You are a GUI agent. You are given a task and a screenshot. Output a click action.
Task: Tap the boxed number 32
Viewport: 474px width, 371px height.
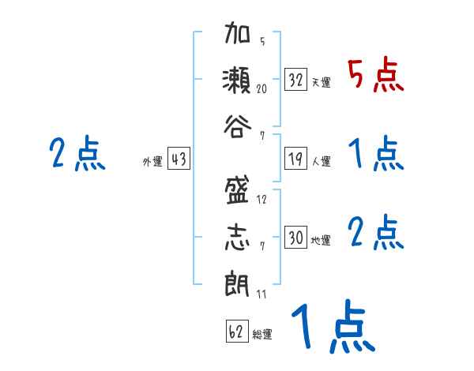pos(296,81)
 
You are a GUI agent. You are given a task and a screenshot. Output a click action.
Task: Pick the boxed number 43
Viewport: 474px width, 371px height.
pos(179,159)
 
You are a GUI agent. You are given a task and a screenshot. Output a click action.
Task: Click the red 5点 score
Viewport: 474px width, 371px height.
pos(375,75)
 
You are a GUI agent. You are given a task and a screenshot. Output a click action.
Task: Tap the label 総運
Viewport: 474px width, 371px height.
pos(262,334)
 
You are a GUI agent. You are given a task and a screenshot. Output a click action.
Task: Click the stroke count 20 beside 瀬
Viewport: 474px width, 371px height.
pos(261,89)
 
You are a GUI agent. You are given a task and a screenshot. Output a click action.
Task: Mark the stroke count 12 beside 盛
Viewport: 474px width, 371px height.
pos(261,200)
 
